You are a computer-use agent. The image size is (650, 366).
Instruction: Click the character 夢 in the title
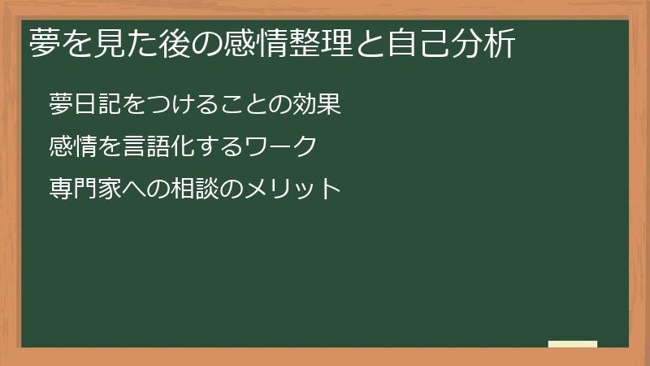(43, 43)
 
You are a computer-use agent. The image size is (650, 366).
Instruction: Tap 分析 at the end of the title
(496, 43)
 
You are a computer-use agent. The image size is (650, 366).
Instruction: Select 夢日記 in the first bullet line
(84, 105)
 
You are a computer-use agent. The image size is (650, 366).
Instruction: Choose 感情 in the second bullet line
(71, 147)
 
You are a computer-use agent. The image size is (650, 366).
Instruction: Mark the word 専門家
(84, 190)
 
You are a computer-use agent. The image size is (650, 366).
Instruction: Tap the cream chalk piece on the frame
(573, 344)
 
